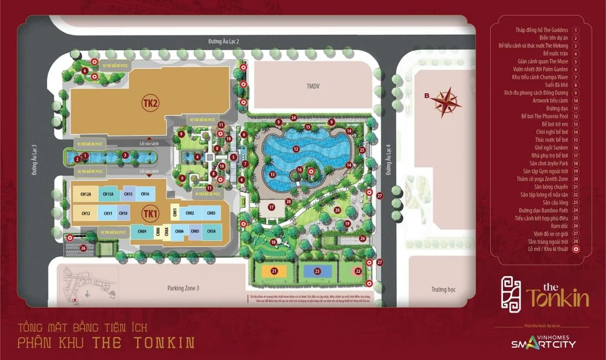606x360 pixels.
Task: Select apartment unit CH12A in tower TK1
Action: point(85,194)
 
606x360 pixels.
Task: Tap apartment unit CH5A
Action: point(211,232)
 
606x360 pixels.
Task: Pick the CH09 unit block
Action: point(142,232)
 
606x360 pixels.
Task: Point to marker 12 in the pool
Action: point(296,149)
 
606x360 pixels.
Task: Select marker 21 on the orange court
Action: point(274,271)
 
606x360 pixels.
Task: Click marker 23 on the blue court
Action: point(317,271)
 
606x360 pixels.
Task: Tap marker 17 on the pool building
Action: point(271,207)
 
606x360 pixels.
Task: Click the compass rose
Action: point(446,101)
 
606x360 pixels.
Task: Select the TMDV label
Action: point(313,86)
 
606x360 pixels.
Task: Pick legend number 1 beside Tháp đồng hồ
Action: point(576,30)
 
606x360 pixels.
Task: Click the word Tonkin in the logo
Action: point(557,298)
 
